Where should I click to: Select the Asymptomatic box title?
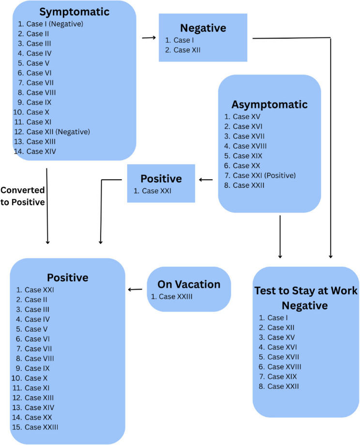(269, 104)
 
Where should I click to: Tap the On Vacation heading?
(189, 285)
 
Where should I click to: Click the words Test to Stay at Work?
(306, 291)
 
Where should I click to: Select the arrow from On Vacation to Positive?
(135, 290)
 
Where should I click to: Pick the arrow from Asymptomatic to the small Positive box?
(206, 180)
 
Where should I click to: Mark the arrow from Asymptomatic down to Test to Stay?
(280, 237)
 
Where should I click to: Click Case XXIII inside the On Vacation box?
(176, 296)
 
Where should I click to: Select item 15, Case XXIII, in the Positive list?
(42, 427)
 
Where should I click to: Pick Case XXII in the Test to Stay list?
(283, 386)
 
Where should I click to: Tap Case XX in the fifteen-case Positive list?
(38, 417)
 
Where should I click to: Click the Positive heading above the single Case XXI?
(161, 178)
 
